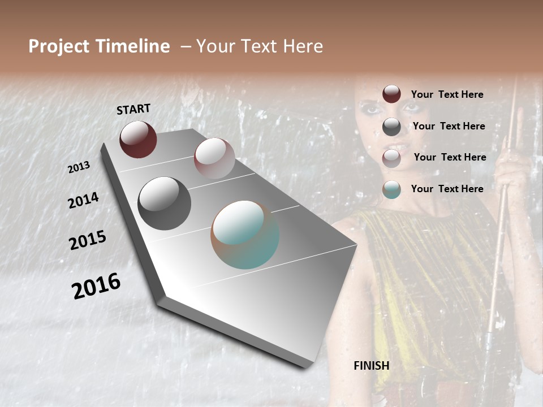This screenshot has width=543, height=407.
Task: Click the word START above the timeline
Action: click(x=133, y=109)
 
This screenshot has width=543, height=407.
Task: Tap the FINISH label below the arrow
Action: click(x=371, y=366)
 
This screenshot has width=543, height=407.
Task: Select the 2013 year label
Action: click(x=79, y=167)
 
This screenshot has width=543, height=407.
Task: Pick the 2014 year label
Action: click(x=83, y=200)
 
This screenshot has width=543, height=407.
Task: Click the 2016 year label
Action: click(x=96, y=286)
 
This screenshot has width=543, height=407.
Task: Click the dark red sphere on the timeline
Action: click(x=138, y=139)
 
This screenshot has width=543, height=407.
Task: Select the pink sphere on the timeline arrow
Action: click(x=214, y=158)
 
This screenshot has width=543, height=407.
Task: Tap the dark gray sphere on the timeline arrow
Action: click(x=164, y=203)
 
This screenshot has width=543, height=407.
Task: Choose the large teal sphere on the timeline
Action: click(x=245, y=235)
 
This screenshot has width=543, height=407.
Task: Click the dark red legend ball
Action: click(x=391, y=94)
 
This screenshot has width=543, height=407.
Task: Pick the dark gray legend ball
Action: click(x=391, y=127)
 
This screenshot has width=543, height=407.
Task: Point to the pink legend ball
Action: click(x=391, y=158)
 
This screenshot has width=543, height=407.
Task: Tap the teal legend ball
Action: click(x=391, y=189)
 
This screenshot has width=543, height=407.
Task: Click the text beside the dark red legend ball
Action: click(x=447, y=94)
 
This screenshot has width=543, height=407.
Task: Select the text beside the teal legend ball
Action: click(x=447, y=189)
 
